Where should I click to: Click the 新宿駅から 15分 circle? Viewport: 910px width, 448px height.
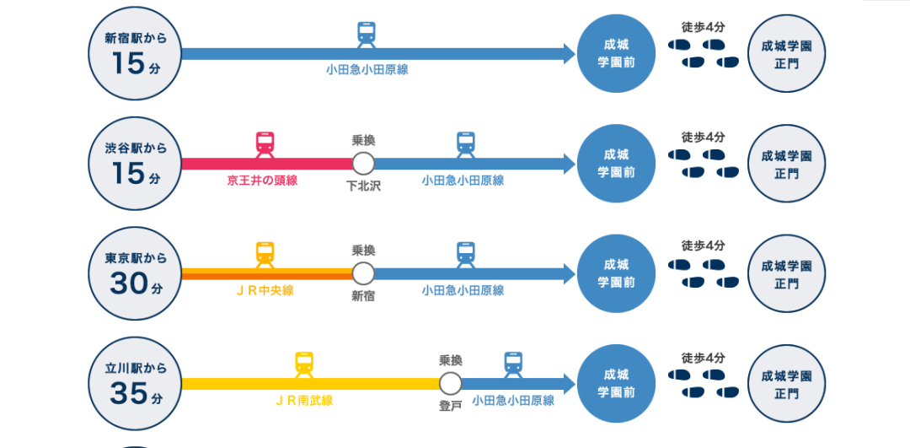135,54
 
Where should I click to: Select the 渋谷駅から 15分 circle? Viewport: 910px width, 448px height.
135,164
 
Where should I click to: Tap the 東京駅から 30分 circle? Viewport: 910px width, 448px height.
135,273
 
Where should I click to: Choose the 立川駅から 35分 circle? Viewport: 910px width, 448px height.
135,384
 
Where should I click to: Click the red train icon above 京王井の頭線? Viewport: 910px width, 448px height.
265,143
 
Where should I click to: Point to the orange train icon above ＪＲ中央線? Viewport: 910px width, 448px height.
265,253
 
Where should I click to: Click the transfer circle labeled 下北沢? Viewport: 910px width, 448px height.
363,164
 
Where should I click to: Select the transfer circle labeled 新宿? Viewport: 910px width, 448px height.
363,273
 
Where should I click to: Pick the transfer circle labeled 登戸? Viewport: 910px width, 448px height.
451,384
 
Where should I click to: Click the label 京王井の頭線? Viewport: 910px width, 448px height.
262,181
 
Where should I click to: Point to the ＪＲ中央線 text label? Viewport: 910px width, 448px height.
265,290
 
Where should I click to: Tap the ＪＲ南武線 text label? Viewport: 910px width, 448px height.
303,401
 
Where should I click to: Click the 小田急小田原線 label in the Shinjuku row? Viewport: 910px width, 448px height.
367,70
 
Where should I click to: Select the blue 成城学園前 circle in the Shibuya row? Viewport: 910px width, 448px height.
617,164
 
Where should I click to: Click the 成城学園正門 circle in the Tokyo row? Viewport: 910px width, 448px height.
786,273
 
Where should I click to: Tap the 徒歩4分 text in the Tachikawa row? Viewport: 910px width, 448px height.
703,358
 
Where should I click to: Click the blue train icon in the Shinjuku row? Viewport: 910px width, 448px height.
367,34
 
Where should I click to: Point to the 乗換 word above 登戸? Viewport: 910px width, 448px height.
451,360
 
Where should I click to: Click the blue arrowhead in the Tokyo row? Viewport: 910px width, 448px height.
570,273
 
